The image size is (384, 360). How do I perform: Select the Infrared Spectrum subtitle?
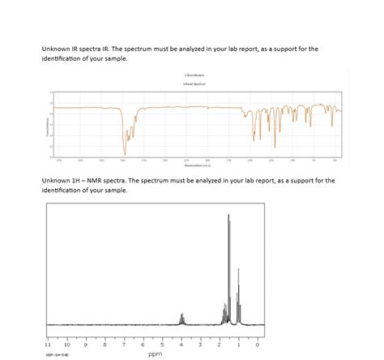[x=192, y=83]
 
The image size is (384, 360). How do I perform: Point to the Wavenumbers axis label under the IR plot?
[x=192, y=162]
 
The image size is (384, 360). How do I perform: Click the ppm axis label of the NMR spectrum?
[x=156, y=354]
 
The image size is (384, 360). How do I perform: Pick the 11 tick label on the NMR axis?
[x=48, y=345]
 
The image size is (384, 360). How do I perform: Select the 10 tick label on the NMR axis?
[x=66, y=345]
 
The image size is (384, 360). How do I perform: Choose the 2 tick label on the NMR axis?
[x=219, y=345]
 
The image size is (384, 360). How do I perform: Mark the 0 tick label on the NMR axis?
[x=257, y=345]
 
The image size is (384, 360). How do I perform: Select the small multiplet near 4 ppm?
[x=181, y=318]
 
